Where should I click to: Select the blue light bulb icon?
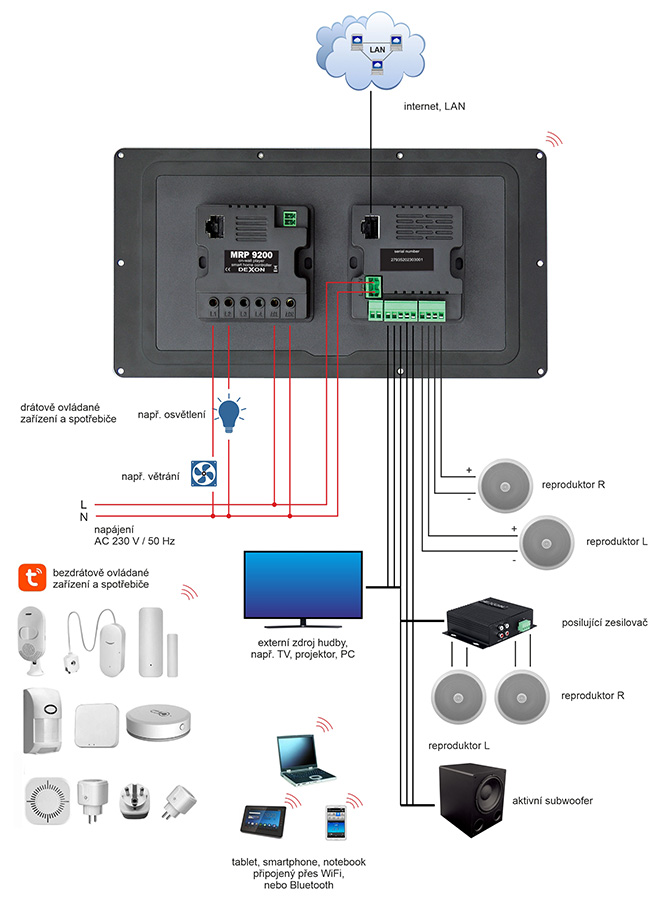231,412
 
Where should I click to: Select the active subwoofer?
472,801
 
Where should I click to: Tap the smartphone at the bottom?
335,821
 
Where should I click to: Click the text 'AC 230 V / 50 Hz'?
134,541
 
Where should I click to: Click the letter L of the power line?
83,504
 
